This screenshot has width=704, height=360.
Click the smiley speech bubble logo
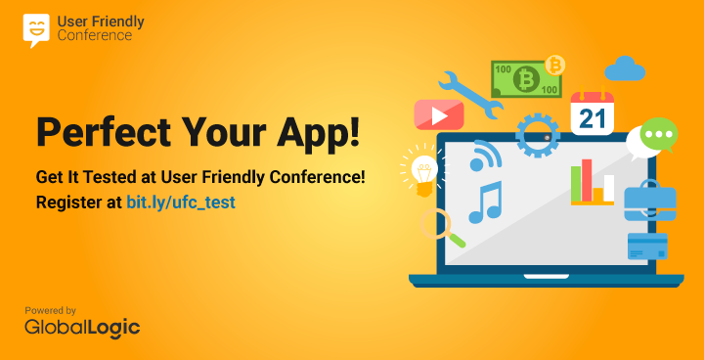pos(36,29)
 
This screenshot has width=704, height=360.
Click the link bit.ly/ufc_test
pos(181,203)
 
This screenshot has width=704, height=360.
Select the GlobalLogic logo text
pos(82,328)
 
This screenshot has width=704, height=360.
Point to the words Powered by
pos(51,310)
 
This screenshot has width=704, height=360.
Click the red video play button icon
pos(438,115)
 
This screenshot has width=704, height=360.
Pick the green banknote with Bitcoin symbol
pos(525,78)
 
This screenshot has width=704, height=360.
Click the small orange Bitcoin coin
pos(555,65)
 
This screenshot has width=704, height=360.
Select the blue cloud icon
pos(625,68)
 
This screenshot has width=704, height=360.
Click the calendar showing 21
pos(592,113)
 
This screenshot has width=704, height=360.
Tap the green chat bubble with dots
pos(653,137)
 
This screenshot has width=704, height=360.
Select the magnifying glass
pos(438,226)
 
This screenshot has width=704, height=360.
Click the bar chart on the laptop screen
pos(593,183)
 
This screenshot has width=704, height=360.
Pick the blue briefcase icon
pos(649,201)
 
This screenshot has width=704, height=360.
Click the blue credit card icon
pos(647,246)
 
